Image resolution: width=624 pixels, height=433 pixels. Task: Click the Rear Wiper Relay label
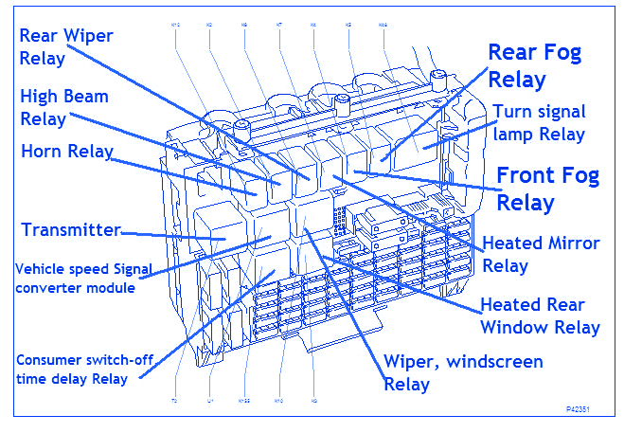66,46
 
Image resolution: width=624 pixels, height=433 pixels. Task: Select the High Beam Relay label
64,107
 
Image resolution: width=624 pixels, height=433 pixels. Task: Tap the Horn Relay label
66,151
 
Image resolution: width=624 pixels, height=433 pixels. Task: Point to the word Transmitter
71,230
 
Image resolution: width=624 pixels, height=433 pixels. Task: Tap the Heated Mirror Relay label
540,254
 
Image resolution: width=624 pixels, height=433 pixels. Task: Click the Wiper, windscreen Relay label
463,372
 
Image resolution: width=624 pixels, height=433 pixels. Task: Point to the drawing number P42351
586,409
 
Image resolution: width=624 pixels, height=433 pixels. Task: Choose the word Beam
85,96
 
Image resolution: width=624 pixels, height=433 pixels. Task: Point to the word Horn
42,151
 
